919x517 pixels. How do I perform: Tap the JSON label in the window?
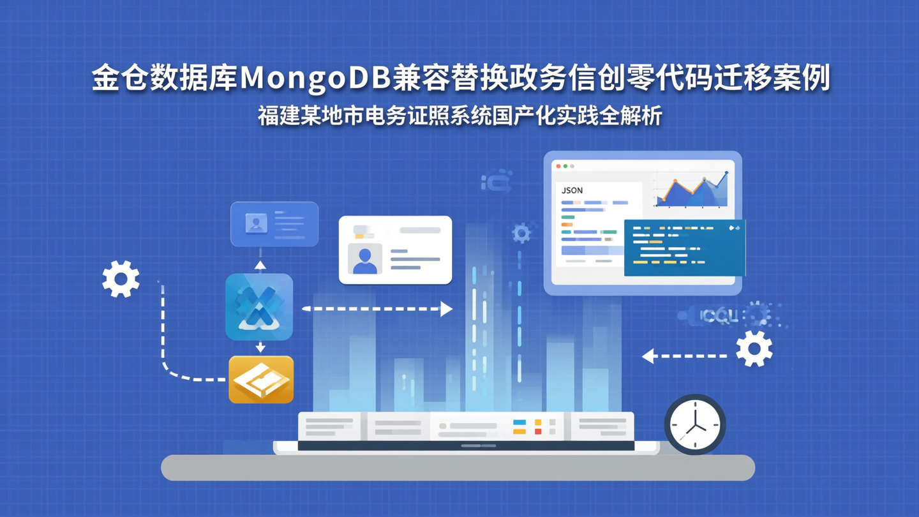(572, 190)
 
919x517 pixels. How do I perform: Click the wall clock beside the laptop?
(695, 424)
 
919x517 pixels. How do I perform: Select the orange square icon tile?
(261, 380)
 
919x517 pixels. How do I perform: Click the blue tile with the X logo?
(259, 307)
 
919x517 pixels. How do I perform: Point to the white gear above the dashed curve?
(121, 279)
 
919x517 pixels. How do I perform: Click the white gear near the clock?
(754, 348)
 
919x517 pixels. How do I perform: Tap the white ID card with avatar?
(395, 250)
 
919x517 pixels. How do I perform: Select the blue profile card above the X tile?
(274, 224)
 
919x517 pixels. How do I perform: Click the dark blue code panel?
(684, 248)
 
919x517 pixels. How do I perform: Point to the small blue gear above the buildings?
(521, 233)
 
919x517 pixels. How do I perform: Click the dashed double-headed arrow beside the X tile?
(377, 309)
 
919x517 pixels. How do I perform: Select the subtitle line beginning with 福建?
(459, 116)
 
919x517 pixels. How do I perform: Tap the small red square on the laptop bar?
(538, 432)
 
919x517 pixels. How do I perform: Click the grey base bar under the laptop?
(458, 468)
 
